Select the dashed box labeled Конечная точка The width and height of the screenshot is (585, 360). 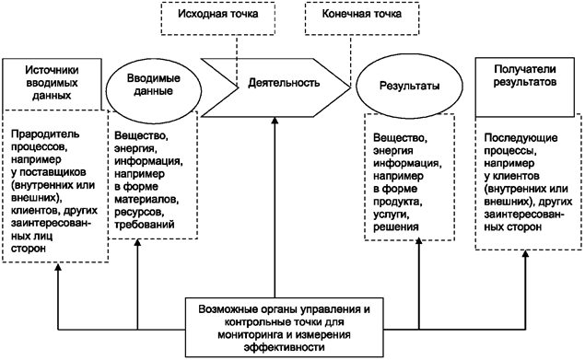pos(353,16)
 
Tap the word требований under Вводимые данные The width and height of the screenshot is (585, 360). pos(146,225)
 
